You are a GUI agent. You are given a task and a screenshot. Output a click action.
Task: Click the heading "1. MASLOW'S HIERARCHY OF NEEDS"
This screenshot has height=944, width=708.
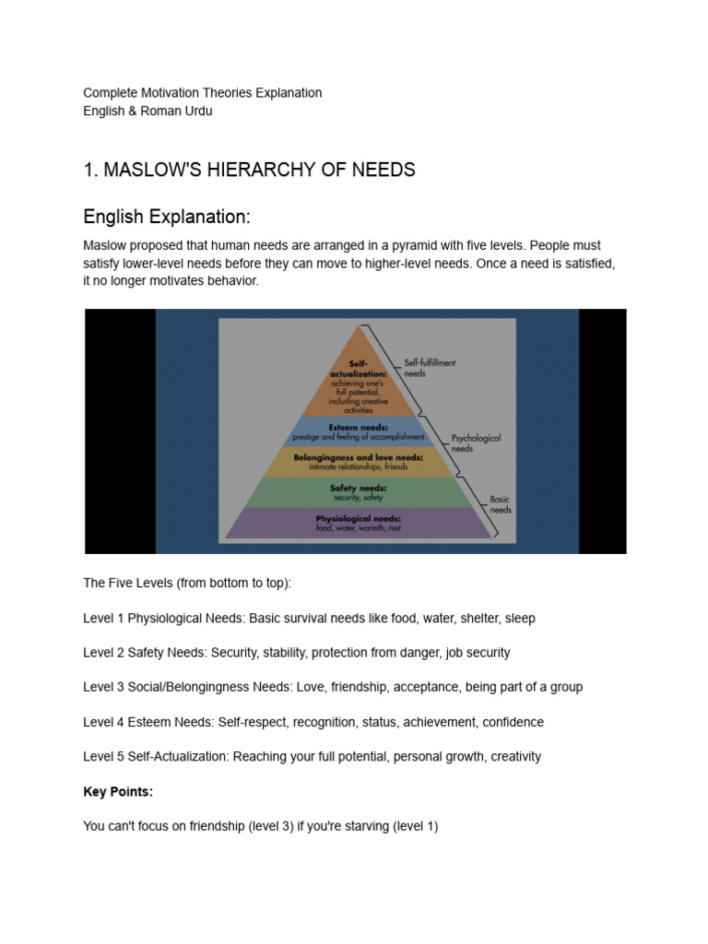[x=249, y=170]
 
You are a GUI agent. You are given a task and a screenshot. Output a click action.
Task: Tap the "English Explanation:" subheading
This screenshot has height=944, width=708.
[x=167, y=218]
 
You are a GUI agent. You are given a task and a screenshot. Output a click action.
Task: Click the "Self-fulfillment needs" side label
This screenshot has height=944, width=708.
[x=430, y=368]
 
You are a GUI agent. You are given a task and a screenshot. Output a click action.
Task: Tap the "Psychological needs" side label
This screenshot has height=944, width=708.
[x=476, y=443]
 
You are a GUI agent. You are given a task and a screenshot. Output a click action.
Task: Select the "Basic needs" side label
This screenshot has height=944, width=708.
[x=501, y=504]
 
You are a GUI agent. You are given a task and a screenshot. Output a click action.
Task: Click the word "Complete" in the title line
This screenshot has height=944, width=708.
[x=110, y=93]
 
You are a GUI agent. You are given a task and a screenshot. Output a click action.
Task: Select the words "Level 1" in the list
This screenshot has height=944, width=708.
[x=103, y=619]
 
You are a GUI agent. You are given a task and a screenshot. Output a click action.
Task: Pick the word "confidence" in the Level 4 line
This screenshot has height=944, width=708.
[x=512, y=722]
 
